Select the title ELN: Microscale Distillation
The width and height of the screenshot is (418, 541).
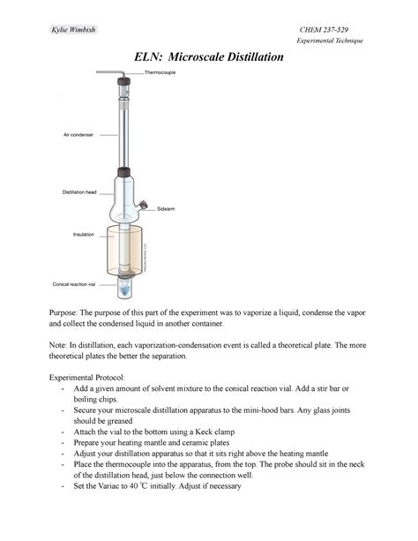tap(208, 57)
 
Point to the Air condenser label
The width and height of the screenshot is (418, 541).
tap(78, 135)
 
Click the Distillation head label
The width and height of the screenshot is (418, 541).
tap(80, 192)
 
